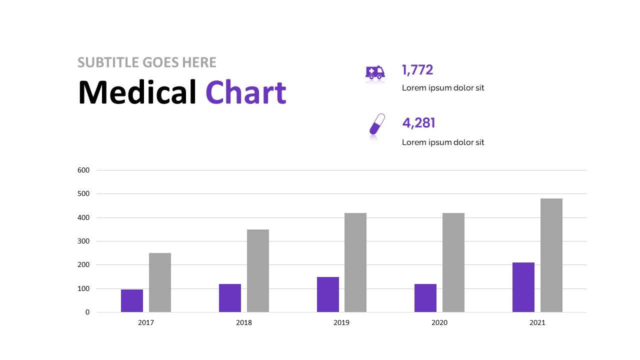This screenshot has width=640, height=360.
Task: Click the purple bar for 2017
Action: tap(132, 300)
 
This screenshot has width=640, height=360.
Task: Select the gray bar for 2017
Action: tap(160, 282)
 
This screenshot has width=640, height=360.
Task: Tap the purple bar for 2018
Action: tap(230, 298)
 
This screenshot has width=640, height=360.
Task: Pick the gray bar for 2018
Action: tap(258, 270)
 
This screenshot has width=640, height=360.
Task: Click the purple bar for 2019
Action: tap(328, 294)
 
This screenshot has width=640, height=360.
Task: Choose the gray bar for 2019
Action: tap(355, 262)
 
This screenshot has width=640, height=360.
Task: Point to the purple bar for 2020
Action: tap(425, 298)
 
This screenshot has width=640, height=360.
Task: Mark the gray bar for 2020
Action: tap(453, 262)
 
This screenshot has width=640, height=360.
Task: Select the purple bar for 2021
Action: tap(523, 287)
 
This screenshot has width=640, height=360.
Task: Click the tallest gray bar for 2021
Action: tap(551, 255)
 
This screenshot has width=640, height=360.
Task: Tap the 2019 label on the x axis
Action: tap(341, 323)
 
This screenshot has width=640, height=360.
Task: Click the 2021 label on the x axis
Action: tap(537, 323)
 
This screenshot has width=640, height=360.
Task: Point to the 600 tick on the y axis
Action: tap(83, 170)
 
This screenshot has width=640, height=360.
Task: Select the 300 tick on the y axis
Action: tap(83, 241)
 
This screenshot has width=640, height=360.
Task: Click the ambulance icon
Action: tap(375, 72)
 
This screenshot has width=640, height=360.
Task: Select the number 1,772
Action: tap(417, 70)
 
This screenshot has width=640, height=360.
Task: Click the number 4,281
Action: tap(419, 123)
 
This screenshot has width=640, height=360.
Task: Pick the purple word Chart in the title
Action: tap(245, 92)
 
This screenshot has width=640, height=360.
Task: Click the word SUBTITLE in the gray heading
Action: tap(108, 62)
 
